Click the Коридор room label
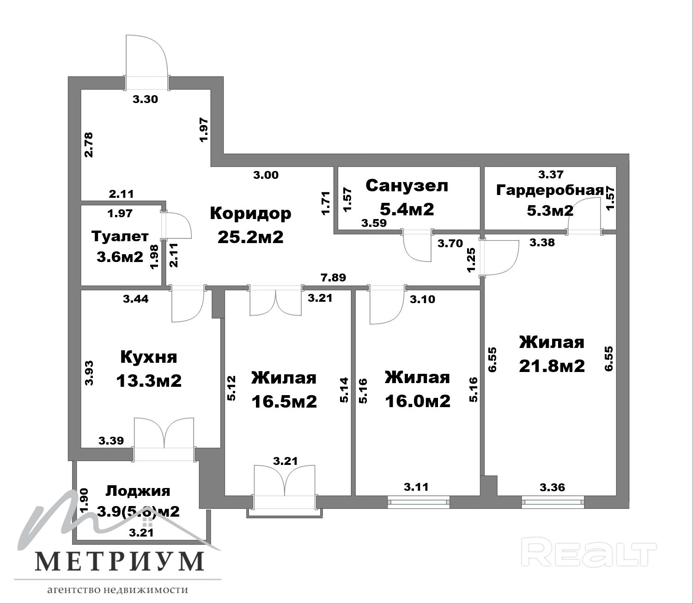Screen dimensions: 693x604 (x=250, y=213)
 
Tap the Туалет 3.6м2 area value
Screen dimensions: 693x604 (x=120, y=257)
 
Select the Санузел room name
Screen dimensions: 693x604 (x=407, y=185)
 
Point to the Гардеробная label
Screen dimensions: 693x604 (x=550, y=190)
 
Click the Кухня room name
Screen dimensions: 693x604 (x=149, y=357)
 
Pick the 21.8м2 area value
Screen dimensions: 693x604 (x=552, y=366)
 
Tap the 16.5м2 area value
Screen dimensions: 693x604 (x=284, y=402)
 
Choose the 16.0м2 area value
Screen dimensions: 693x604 (x=418, y=402)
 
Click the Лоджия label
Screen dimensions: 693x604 (x=138, y=491)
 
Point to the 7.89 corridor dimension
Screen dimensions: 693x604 (x=333, y=277)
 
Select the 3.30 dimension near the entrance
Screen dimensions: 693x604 (x=145, y=99)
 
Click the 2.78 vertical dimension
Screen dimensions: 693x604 (x=89, y=145)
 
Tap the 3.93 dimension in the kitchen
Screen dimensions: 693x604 (x=89, y=373)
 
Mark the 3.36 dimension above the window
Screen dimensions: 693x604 (x=553, y=487)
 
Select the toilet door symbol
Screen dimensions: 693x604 (x=177, y=225)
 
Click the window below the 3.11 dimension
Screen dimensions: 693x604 (x=418, y=502)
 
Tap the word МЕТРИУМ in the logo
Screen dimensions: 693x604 (x=120, y=561)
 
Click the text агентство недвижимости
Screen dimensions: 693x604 (x=117, y=590)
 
